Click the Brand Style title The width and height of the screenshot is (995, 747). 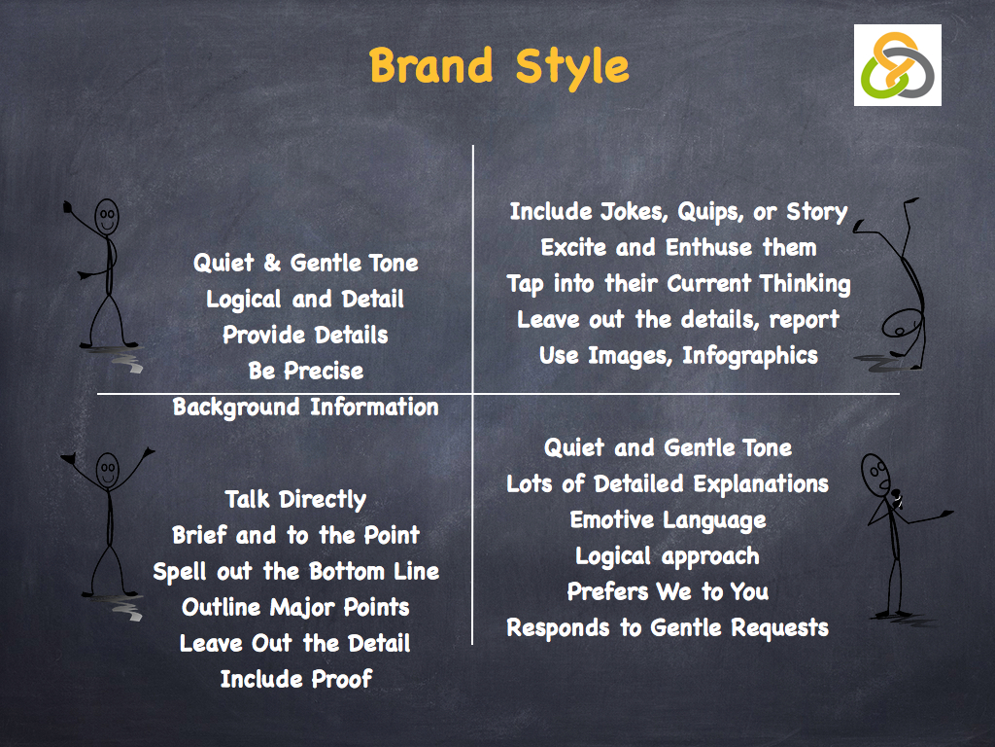pos(498,66)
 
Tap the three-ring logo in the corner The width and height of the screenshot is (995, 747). pos(898,65)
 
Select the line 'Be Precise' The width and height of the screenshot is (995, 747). pos(305,371)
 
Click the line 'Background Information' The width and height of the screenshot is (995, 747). pos(305,407)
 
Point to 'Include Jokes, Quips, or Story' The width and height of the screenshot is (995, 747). pos(678,212)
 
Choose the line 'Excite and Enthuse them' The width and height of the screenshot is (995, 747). pos(678,247)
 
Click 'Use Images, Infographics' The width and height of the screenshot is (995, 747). pos(678,355)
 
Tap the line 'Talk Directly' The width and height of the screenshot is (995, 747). pos(295,500)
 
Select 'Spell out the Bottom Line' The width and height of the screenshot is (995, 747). pos(295,571)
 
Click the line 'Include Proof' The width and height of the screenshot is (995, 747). pos(295,679)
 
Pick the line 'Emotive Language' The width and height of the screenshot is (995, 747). pos(668,519)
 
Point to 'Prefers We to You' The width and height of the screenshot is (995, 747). pos(668,591)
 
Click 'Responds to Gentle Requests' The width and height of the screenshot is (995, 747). pos(668,627)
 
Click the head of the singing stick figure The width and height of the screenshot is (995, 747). pos(875,473)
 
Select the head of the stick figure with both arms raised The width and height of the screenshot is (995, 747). pos(107,471)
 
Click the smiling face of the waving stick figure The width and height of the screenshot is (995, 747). pos(107,216)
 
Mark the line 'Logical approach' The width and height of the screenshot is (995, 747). pos(668,556)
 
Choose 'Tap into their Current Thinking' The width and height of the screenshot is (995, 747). pos(678,283)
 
